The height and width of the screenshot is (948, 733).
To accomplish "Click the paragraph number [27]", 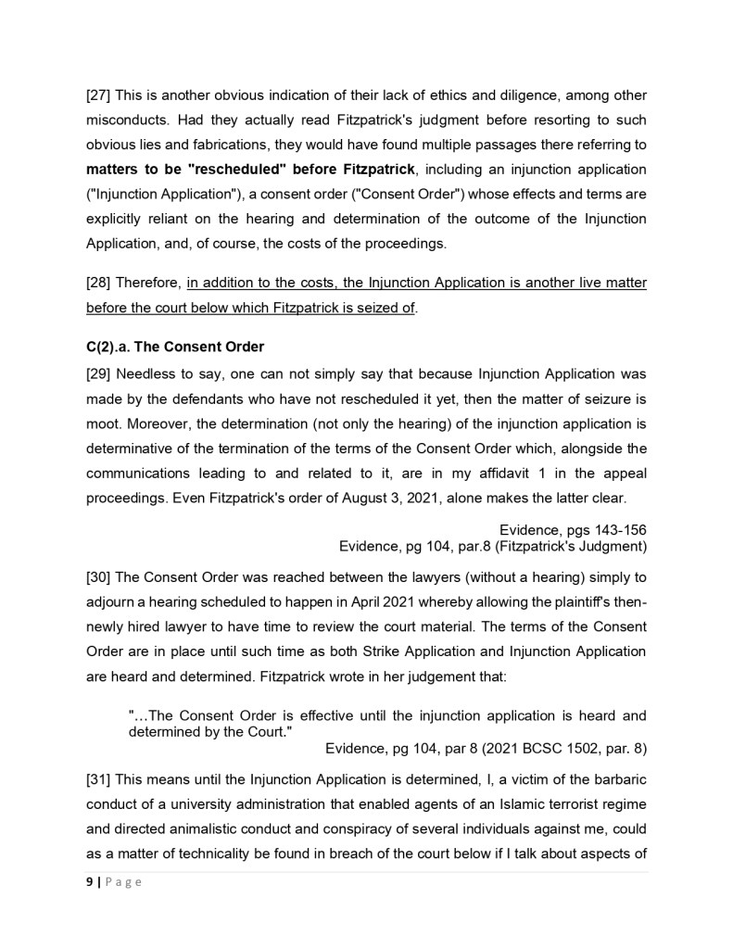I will pos(99,96).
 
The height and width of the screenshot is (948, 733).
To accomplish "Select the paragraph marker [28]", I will pos(99,283).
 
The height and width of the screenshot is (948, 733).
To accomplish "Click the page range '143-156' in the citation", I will pos(617,529).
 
